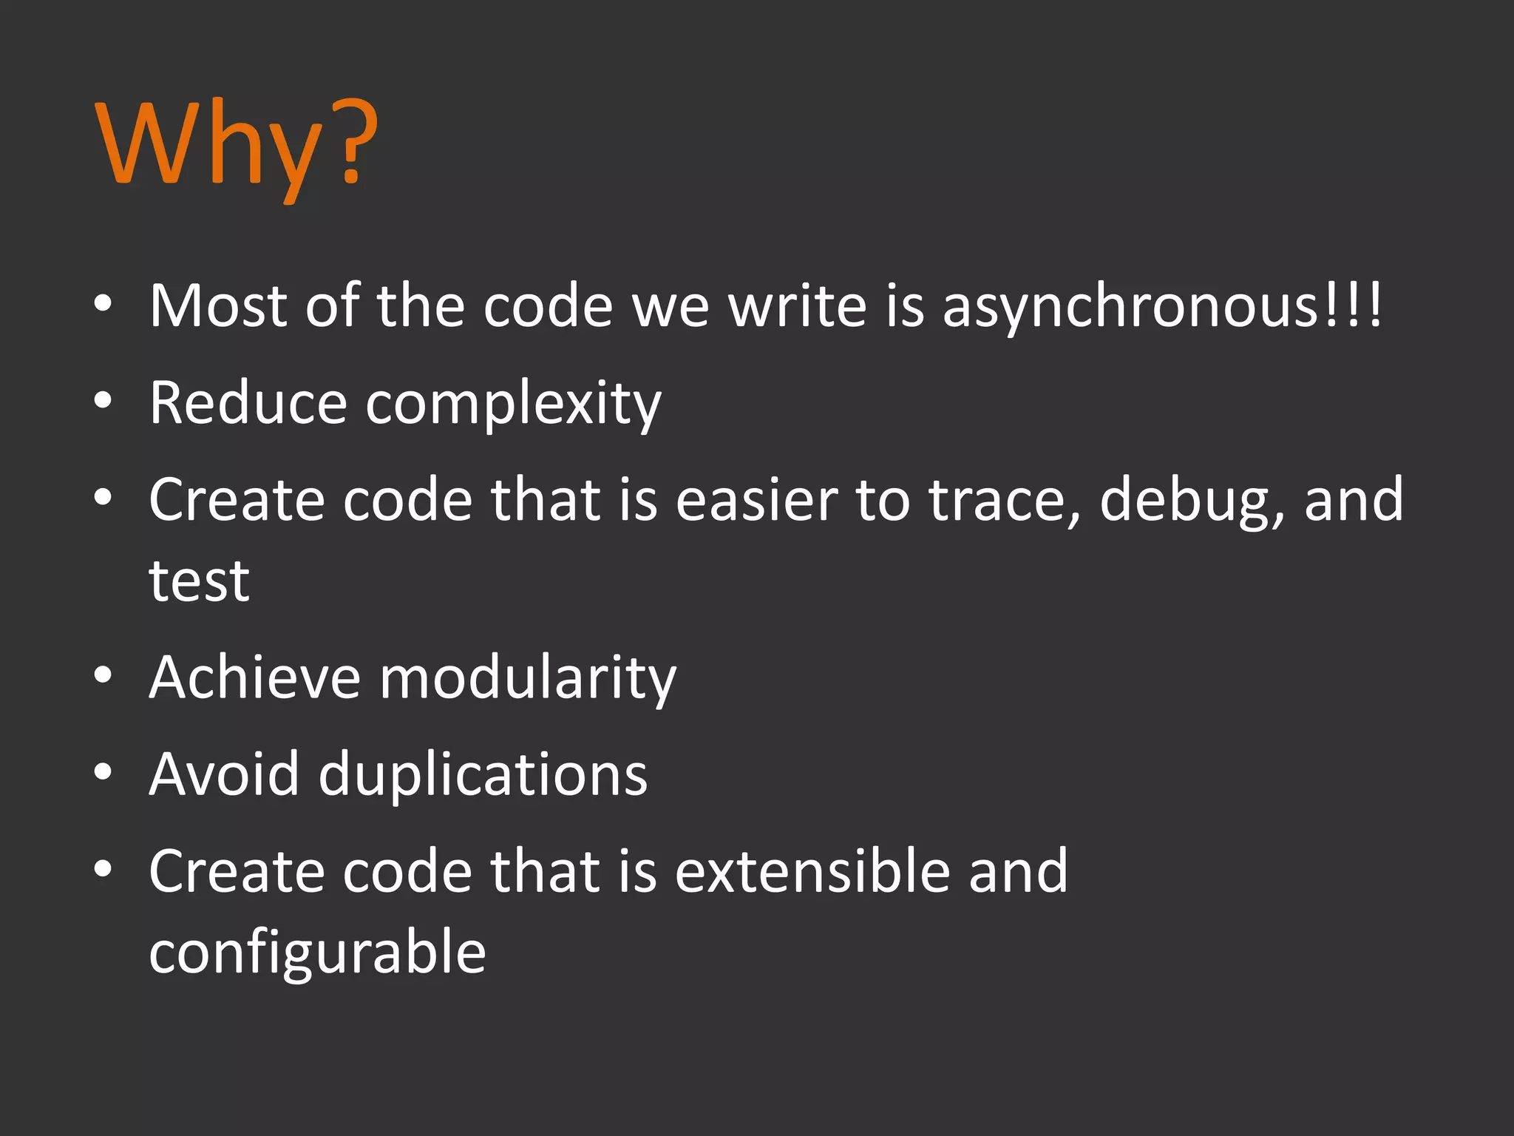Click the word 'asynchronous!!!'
pos(1161,307)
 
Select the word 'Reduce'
pos(248,403)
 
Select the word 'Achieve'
pos(254,677)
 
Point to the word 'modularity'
pos(527,679)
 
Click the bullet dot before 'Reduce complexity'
pos(103,401)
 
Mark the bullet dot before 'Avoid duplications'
pos(103,772)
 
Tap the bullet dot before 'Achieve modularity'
pos(103,674)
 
